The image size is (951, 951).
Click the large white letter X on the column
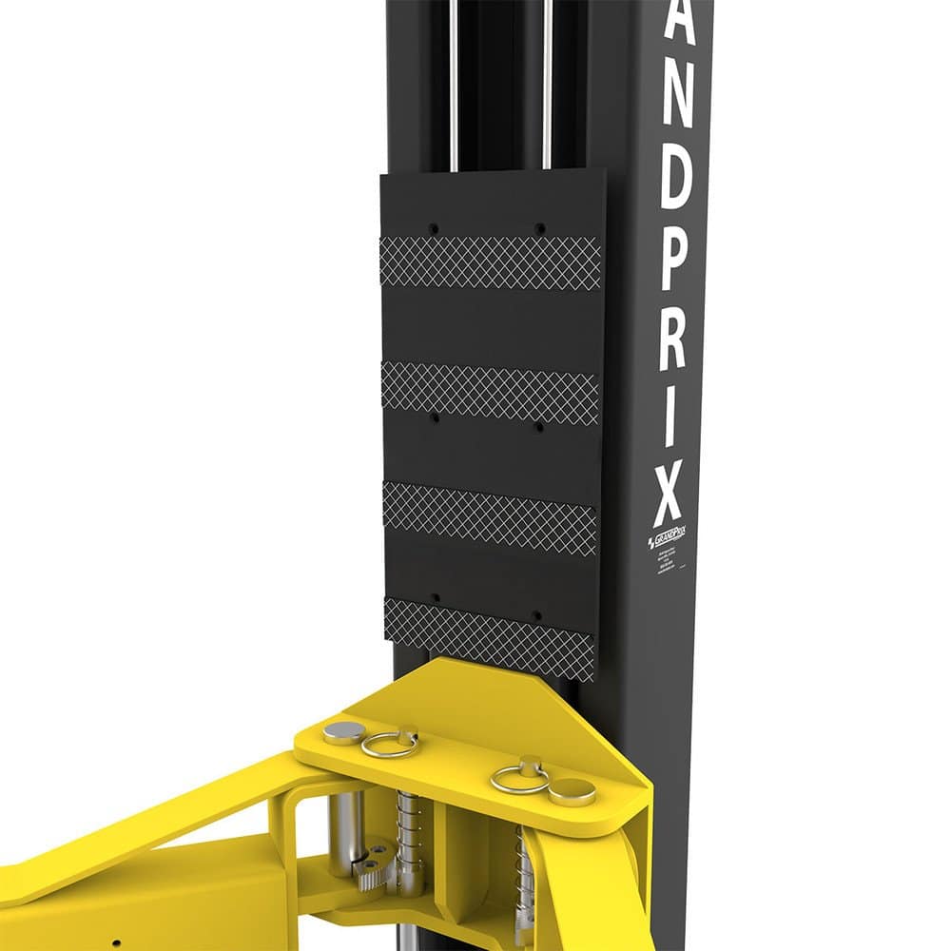coord(668,495)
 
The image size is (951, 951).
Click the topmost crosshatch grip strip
coord(490,262)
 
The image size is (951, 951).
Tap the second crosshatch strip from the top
coord(491,392)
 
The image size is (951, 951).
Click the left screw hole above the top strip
coord(432,228)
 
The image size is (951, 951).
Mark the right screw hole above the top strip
coord(539,228)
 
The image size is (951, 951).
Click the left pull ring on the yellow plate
coord(391,743)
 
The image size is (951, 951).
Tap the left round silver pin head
coord(343,731)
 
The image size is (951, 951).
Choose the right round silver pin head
coord(573,790)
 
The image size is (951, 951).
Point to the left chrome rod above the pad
coord(454,86)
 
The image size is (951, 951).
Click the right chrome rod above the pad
coord(547,86)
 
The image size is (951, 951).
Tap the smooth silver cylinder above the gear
coord(346,827)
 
